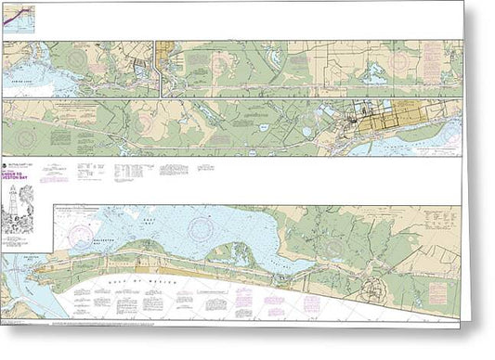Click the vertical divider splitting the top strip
162,67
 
